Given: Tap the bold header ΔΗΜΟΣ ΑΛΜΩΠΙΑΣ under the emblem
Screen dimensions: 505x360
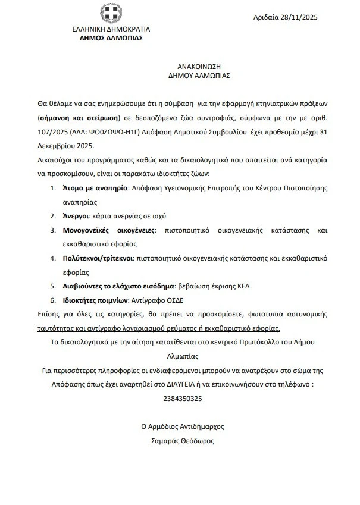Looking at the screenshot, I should pos(111,37).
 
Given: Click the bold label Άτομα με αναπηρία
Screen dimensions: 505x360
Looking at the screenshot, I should pos(96,187).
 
